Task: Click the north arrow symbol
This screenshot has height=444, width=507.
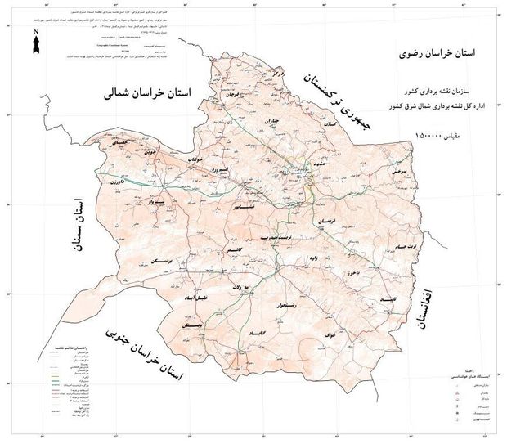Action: click(35, 41)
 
